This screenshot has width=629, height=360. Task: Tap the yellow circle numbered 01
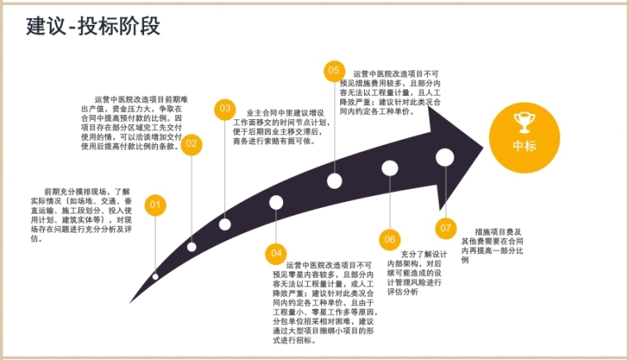click(x=155, y=204)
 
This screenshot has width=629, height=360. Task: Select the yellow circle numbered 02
click(x=192, y=144)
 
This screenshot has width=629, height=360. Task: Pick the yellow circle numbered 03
click(x=224, y=108)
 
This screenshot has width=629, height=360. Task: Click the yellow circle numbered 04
click(x=276, y=252)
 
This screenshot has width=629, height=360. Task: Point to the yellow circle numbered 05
click(x=334, y=71)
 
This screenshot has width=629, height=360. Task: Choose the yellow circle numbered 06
click(x=390, y=239)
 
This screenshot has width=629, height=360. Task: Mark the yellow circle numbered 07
click(x=446, y=227)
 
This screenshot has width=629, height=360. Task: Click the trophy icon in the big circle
click(x=524, y=122)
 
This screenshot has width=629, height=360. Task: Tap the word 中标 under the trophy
click(x=524, y=146)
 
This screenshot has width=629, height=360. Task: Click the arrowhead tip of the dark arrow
click(x=483, y=147)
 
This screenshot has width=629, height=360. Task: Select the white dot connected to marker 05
click(x=334, y=180)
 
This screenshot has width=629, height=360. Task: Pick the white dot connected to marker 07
click(x=445, y=156)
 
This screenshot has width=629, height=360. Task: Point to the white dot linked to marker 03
click(x=225, y=224)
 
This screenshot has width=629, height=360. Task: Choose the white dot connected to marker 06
click(x=390, y=168)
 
